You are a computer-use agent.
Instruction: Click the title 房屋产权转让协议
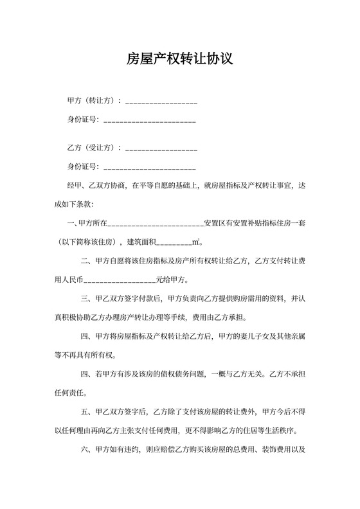coord(179,59)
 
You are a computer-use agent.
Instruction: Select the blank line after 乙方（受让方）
coord(161,149)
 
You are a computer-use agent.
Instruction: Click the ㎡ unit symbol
coord(196,242)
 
